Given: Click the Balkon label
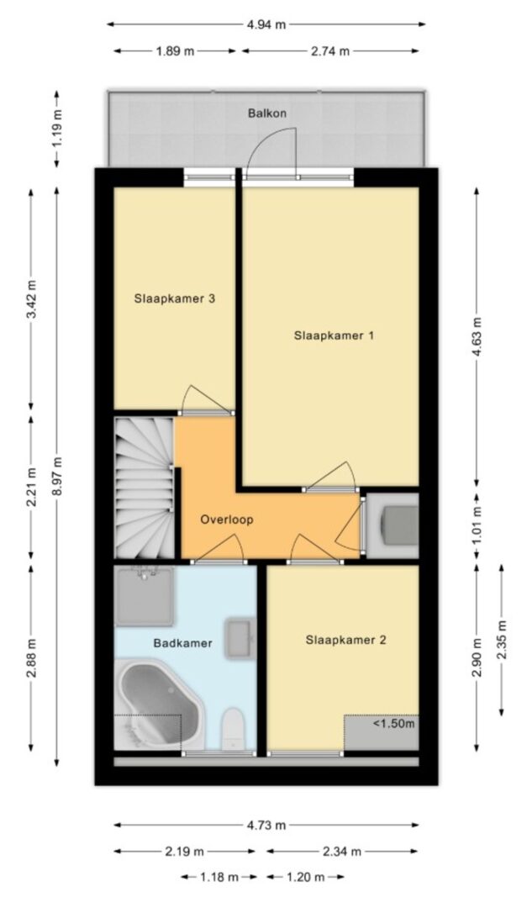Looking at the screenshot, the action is coord(266,113).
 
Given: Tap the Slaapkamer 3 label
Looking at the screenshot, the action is coord(175,298).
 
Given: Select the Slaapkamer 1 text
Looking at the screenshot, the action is coord(335,335).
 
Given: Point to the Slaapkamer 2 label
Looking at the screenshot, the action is coord(345,640).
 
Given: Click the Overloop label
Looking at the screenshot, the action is coord(227,520).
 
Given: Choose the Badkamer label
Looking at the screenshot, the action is coord(182,643).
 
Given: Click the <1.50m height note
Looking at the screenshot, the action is coord(393,724).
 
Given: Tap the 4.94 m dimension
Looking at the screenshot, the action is coord(266,24).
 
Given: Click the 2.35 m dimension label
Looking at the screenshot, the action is coord(502,640).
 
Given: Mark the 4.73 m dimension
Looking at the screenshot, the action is coord(266,826).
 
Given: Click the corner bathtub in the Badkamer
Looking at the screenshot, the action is coord(160,704).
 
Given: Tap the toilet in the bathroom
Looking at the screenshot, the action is coord(233,729).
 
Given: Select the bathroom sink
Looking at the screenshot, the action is coord(240,638).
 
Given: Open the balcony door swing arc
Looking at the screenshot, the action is coord(271,150).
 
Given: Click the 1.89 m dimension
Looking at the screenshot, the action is coord(175,51).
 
